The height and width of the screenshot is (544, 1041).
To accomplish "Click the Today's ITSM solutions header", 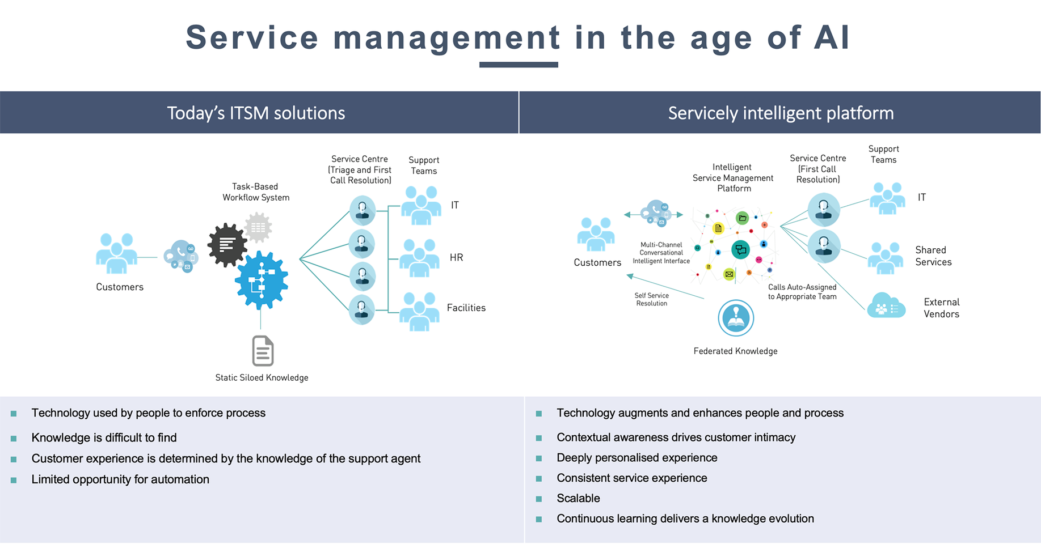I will click(256, 113).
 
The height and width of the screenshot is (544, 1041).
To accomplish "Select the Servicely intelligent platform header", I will click(781, 113).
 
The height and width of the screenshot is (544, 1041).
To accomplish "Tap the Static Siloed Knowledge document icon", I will click(263, 351).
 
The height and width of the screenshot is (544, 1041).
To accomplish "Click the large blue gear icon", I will click(262, 280).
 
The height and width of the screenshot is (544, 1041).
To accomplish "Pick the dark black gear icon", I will click(227, 245).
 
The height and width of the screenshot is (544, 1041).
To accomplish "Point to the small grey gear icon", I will click(258, 227).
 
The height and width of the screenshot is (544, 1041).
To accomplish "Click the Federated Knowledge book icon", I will click(736, 318).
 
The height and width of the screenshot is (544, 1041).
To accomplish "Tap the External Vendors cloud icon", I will click(886, 306).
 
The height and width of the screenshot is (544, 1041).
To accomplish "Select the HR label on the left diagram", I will click(456, 257).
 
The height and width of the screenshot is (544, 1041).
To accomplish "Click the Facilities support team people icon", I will click(419, 311).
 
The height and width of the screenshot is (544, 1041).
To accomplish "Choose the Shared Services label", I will click(933, 256).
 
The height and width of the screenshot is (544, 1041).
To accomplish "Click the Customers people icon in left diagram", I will click(117, 253).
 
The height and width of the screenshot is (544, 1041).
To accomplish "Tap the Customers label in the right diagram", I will click(597, 262).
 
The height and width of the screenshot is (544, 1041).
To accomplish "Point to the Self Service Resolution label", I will click(651, 299).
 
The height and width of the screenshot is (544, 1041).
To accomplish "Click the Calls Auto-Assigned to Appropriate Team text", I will click(802, 292).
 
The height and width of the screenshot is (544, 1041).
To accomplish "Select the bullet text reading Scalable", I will click(578, 498).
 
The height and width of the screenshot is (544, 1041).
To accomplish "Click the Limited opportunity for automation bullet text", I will click(120, 479).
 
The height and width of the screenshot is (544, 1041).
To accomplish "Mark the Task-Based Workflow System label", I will click(255, 192).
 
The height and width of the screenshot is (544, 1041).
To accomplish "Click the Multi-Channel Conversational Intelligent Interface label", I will click(661, 253).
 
